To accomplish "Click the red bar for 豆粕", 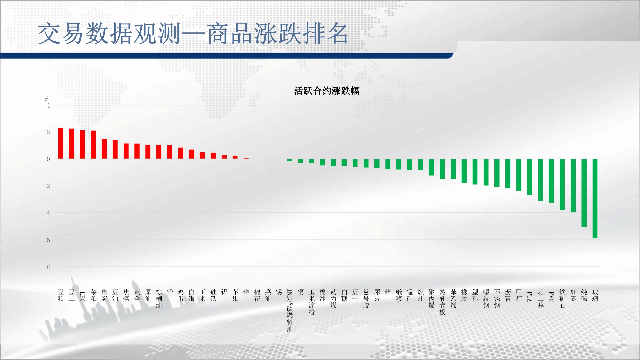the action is click(x=60, y=143).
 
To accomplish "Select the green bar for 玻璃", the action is click(x=595, y=199).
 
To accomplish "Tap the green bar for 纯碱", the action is click(x=584, y=193).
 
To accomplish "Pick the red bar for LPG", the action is click(x=82, y=145).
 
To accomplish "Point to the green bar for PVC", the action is click(x=551, y=181).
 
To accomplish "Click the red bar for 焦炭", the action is click(x=104, y=149).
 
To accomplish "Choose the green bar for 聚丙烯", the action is click(x=431, y=167).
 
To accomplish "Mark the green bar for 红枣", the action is click(x=573, y=186).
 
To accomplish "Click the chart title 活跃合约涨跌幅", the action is click(x=327, y=91).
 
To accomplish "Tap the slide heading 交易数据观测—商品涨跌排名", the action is click(x=193, y=34).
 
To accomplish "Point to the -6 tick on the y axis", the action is click(x=47, y=240).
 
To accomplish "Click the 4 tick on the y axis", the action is click(x=48, y=105).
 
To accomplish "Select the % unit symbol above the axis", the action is click(x=46, y=99).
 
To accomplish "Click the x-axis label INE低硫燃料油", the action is click(x=290, y=310).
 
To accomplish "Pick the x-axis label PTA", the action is click(x=530, y=296).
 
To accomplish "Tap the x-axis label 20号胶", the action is click(x=366, y=299).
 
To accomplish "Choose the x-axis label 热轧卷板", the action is click(x=442, y=302).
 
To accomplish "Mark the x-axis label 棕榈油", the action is click(x=159, y=299).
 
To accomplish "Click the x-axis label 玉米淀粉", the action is click(x=311, y=302).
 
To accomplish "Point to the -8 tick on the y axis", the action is click(x=47, y=267).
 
